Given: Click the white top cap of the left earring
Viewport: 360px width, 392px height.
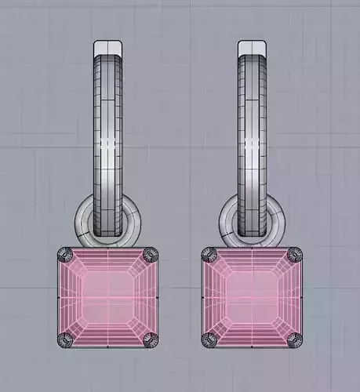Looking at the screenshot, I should pyautogui.click(x=108, y=48).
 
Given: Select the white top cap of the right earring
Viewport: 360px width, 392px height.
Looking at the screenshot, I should pyautogui.click(x=253, y=48).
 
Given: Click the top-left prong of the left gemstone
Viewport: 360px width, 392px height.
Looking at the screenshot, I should pyautogui.click(x=65, y=255).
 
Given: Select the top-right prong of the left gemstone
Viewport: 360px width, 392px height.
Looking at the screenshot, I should pyautogui.click(x=151, y=255).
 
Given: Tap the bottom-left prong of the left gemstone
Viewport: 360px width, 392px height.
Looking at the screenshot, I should pyautogui.click(x=65, y=339).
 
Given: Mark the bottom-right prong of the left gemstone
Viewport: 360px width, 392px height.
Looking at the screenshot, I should pyautogui.click(x=151, y=339).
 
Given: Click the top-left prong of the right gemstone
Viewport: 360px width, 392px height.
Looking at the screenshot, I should pyautogui.click(x=209, y=255).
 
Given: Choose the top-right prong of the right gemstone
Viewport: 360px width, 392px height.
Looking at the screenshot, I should pyautogui.click(x=295, y=255).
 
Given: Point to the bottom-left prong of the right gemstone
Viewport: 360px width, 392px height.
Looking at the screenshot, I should pyautogui.click(x=209, y=339).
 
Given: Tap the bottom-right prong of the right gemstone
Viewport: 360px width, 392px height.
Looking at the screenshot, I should pyautogui.click(x=295, y=339).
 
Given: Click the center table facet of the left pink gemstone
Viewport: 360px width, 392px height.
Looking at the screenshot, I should pyautogui.click(x=108, y=297).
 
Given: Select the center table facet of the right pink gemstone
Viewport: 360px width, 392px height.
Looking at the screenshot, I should pyautogui.click(x=253, y=297).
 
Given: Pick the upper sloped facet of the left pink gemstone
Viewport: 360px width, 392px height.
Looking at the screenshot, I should pyautogui.click(x=108, y=261).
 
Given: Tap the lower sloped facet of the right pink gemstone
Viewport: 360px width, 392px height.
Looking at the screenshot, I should pyautogui.click(x=253, y=332).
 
